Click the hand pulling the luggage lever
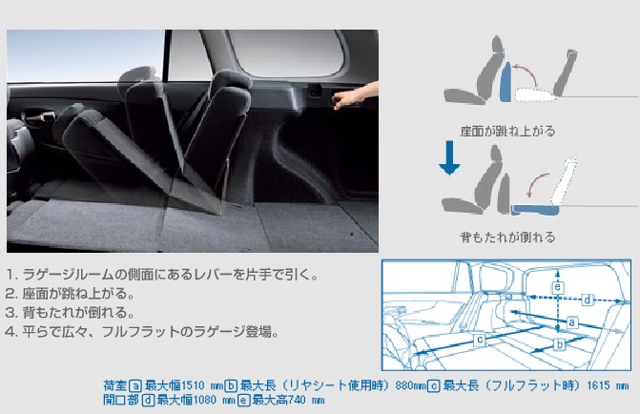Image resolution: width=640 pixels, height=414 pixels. pyautogui.click(x=356, y=94)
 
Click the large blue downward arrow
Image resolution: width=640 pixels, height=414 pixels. pyautogui.click(x=449, y=157)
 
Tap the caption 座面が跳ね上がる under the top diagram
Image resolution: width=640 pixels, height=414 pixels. pyautogui.click(x=507, y=131)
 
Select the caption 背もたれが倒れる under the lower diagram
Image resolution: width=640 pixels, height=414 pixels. pyautogui.click(x=507, y=237)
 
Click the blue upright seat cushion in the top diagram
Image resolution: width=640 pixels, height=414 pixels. pyautogui.click(x=506, y=82)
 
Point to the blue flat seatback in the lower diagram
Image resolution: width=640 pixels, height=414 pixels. pyautogui.click(x=535, y=210)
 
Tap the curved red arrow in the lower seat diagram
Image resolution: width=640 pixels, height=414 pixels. pyautogui.click(x=536, y=184)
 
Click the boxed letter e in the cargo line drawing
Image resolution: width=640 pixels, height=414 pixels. pyautogui.click(x=558, y=287)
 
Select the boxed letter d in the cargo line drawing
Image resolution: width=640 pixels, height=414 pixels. pyautogui.click(x=587, y=300)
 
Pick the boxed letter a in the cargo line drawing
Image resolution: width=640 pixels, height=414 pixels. pyautogui.click(x=572, y=322)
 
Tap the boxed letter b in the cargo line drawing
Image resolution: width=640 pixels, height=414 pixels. pyautogui.click(x=560, y=344)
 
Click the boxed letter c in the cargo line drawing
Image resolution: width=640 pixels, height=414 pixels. pyautogui.click(x=480, y=340)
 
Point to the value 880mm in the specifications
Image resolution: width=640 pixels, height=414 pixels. pyautogui.click(x=411, y=385)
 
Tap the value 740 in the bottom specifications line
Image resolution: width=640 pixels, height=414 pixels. pyautogui.click(x=297, y=400)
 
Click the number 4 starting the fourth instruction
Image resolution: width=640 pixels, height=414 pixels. pyautogui.click(x=9, y=332)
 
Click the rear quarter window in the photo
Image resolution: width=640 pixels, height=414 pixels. pyautogui.click(x=286, y=53)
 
